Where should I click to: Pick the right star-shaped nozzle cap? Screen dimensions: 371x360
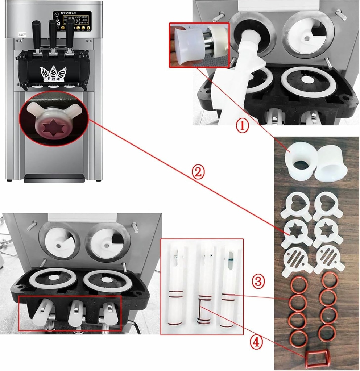[x=327, y=233]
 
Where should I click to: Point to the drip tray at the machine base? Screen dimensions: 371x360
[x=54, y=178]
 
